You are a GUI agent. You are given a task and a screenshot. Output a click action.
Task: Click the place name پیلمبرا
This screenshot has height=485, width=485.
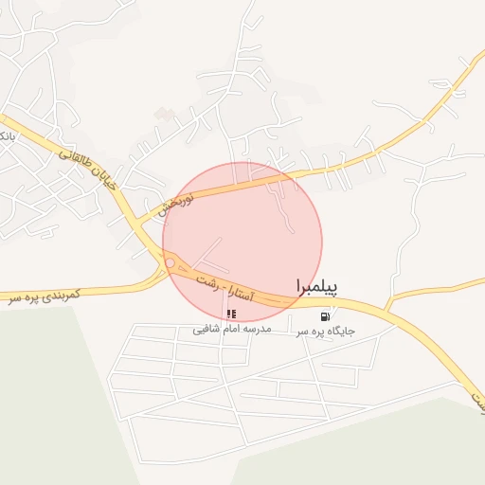pyautogui.click(x=316, y=285)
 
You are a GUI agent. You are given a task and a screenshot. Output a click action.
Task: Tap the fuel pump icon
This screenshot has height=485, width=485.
pyautogui.click(x=326, y=316)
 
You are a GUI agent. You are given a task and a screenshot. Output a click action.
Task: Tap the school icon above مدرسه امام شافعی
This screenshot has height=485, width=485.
pyautogui.click(x=232, y=314)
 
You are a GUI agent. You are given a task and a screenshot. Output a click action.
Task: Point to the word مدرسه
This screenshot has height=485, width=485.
pyautogui.click(x=256, y=329)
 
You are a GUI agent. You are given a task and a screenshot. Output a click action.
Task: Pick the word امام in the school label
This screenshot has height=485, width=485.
pyautogui.click(x=231, y=329)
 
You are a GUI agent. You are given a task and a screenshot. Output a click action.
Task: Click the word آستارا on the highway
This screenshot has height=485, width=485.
pyautogui.click(x=249, y=294)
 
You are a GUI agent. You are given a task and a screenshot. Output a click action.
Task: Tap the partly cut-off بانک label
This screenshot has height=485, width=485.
pyautogui.click(x=6, y=138)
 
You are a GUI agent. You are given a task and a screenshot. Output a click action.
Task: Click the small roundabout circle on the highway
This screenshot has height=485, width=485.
pyautogui.click(x=170, y=262)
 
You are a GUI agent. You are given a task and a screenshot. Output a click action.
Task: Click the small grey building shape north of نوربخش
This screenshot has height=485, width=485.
pyautogui.click(x=166, y=114)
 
